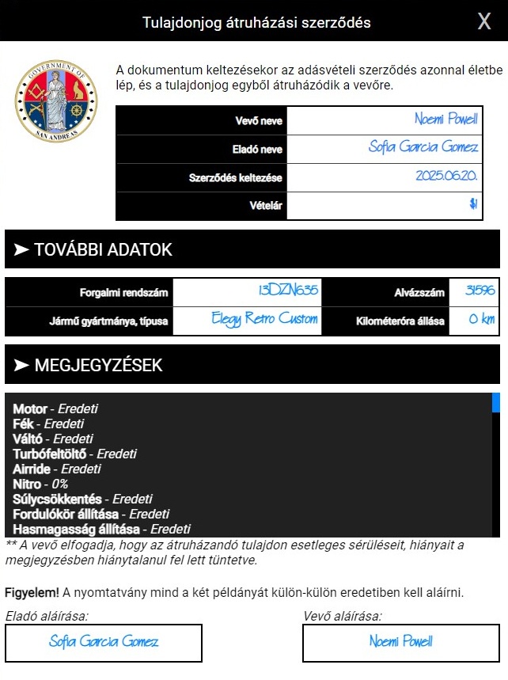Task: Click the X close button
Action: click(484, 21)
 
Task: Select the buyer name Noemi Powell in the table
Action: click(445, 120)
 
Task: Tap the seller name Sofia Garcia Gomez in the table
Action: click(423, 148)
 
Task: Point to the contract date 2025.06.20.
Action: click(446, 177)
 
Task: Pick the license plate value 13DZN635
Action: click(288, 291)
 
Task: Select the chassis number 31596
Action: click(480, 291)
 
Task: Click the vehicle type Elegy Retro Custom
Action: click(265, 320)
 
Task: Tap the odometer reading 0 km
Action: click(482, 320)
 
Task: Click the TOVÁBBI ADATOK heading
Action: click(103, 250)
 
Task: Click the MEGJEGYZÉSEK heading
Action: click(98, 365)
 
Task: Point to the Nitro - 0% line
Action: click(40, 484)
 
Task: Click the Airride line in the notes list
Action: click(56, 469)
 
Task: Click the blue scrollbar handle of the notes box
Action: click(496, 402)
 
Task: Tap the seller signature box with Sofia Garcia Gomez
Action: click(104, 642)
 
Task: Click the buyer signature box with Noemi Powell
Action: click(401, 642)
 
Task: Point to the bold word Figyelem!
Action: click(31, 592)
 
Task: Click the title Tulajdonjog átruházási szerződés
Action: click(256, 22)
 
